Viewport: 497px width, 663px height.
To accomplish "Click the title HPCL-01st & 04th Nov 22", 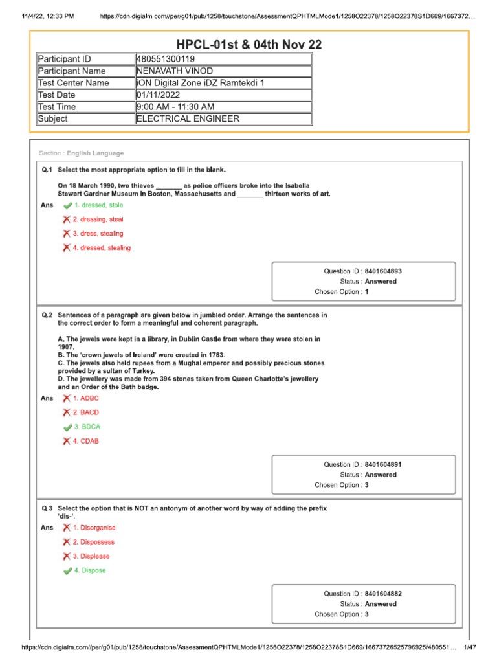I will tap(249, 45).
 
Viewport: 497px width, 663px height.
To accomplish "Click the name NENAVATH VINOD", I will tap(174, 71).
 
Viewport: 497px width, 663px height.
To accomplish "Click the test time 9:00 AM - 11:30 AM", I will tap(175, 107).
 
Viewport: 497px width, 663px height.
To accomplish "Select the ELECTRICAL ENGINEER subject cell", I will tap(187, 119).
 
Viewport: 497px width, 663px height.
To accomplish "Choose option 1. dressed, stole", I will tap(98, 205).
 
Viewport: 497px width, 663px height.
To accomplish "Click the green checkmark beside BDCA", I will tap(67, 427).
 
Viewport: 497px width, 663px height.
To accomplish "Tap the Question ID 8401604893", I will tap(387, 271).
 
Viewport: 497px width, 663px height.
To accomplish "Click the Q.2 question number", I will tap(47, 315).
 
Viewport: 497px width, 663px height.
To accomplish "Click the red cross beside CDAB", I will tap(67, 442).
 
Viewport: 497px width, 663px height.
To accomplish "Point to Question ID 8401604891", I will tap(387, 464).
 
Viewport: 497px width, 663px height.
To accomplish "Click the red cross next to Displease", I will tap(67, 556).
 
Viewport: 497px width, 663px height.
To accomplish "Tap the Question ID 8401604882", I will tap(387, 594).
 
